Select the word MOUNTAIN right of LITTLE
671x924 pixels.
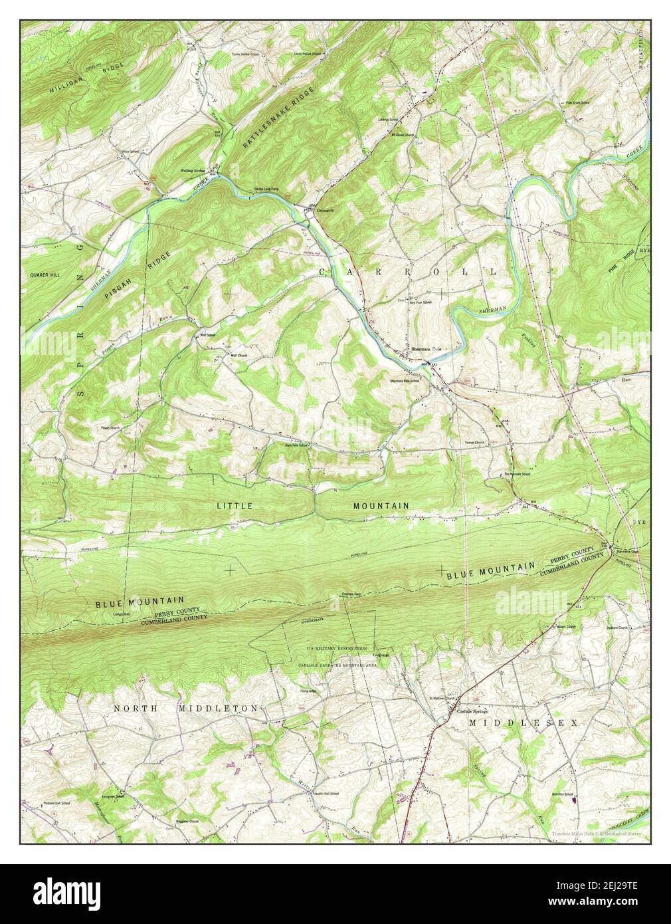(381, 506)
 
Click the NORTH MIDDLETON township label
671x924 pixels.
(185, 709)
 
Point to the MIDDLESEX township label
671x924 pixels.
(524, 722)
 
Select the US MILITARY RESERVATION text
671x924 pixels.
(337, 648)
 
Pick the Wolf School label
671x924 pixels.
(204, 335)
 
